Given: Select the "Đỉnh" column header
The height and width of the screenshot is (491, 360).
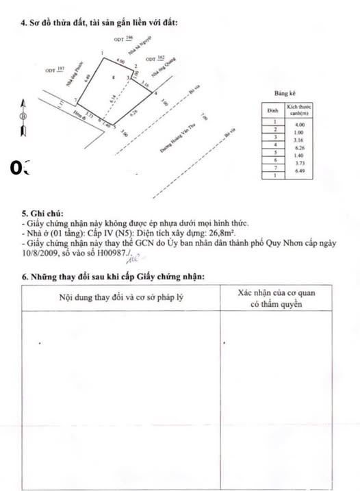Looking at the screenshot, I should [271, 109].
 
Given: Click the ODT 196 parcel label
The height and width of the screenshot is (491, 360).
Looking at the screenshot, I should [124, 40].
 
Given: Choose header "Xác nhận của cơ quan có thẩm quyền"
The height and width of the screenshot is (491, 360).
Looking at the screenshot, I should [277, 298].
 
